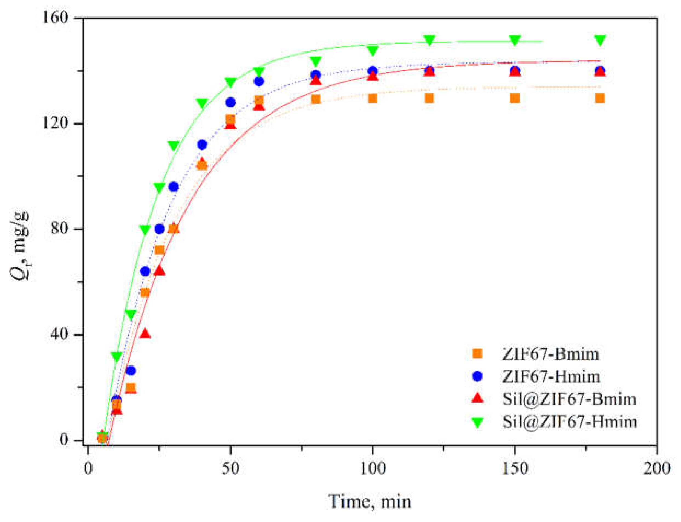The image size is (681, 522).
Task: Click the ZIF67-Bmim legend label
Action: (550, 354)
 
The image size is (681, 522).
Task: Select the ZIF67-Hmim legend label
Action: (551, 376)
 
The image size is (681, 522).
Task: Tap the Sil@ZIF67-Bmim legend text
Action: (569, 399)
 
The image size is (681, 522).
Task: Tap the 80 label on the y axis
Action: (59, 229)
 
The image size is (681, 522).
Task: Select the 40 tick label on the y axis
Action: (59, 334)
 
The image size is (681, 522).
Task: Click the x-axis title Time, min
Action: (370, 501)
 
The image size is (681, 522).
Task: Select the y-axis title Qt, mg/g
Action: (21, 246)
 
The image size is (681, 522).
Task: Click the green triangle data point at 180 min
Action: (600, 40)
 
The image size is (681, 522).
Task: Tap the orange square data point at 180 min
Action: (600, 99)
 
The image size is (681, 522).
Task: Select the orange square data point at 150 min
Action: (515, 99)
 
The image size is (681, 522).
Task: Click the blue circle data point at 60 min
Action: (259, 81)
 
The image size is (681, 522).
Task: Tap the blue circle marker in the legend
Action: (477, 376)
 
